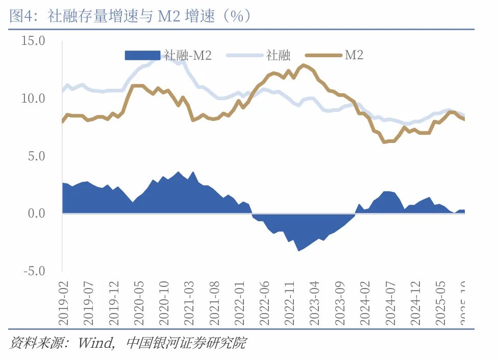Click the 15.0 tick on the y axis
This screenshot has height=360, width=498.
point(33,41)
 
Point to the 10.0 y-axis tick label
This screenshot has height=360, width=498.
point(33,98)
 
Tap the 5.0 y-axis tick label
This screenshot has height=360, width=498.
point(37,156)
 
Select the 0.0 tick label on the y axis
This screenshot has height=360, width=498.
point(37,213)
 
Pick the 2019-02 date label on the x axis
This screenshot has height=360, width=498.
point(63,302)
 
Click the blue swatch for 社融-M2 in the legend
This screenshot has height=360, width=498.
point(143,55)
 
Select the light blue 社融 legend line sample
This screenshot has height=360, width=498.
point(245,55)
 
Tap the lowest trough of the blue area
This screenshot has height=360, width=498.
point(299,250)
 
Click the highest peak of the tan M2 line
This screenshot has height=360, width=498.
point(304,65)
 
